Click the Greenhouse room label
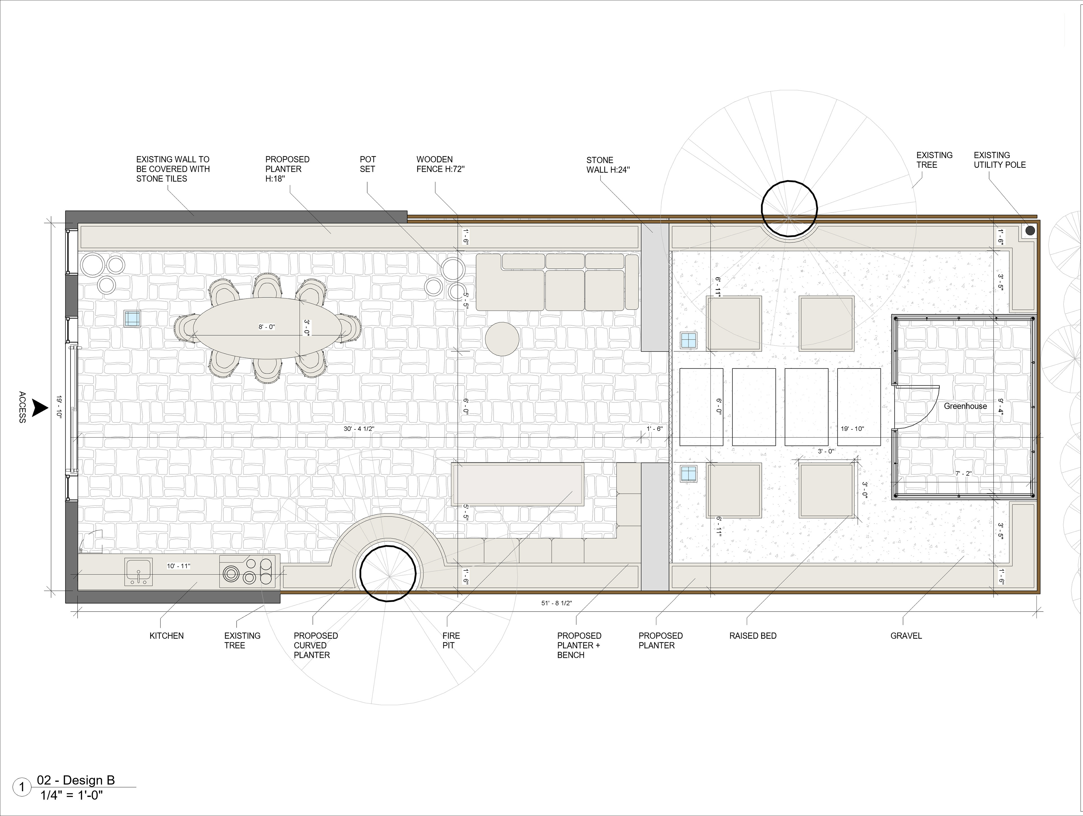click(x=965, y=406)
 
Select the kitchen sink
click(x=138, y=572)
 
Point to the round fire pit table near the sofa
click(x=502, y=339)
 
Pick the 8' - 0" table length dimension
click(x=267, y=327)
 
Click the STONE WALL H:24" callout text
click(x=608, y=165)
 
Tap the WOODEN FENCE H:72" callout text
click(x=440, y=164)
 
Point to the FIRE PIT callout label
click(x=451, y=640)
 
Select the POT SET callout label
click(x=368, y=164)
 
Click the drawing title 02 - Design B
click(x=76, y=780)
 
